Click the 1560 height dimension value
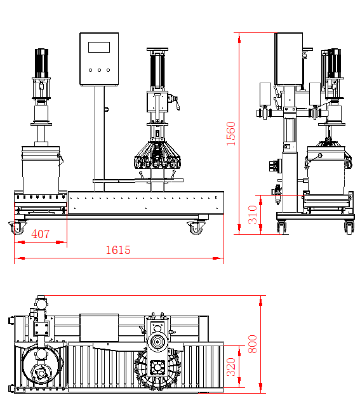click(231, 133)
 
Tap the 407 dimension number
click(40, 234)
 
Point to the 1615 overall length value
click(118, 250)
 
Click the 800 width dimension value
click(253, 345)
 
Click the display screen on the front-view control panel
click(100, 46)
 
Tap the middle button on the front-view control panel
click(100, 70)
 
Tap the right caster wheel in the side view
click(349, 226)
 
